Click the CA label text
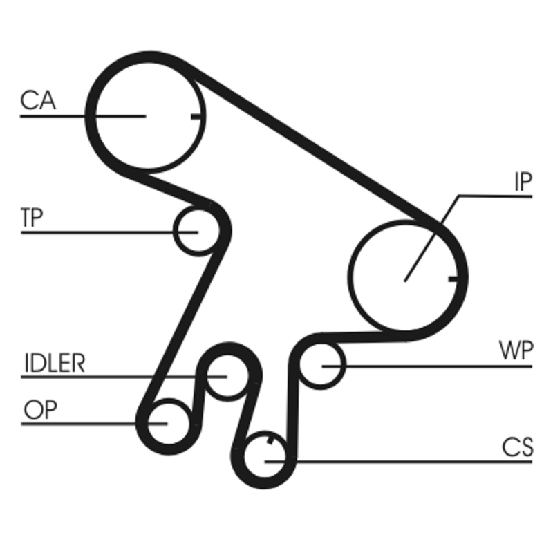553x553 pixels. (x=38, y=101)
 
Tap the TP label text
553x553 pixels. (x=32, y=218)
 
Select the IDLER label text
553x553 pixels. (x=54, y=363)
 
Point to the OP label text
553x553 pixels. (x=40, y=410)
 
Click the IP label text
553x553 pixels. (x=523, y=182)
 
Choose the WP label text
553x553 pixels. (x=516, y=350)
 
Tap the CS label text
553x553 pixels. (x=518, y=447)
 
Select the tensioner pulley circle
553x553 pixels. (x=194, y=231)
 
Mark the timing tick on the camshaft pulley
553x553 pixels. (x=197, y=115)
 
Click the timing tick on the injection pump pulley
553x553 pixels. (x=453, y=279)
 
